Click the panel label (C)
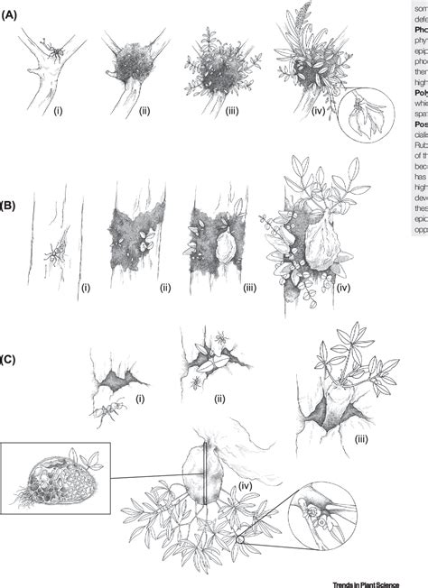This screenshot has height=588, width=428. click(x=13, y=360)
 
